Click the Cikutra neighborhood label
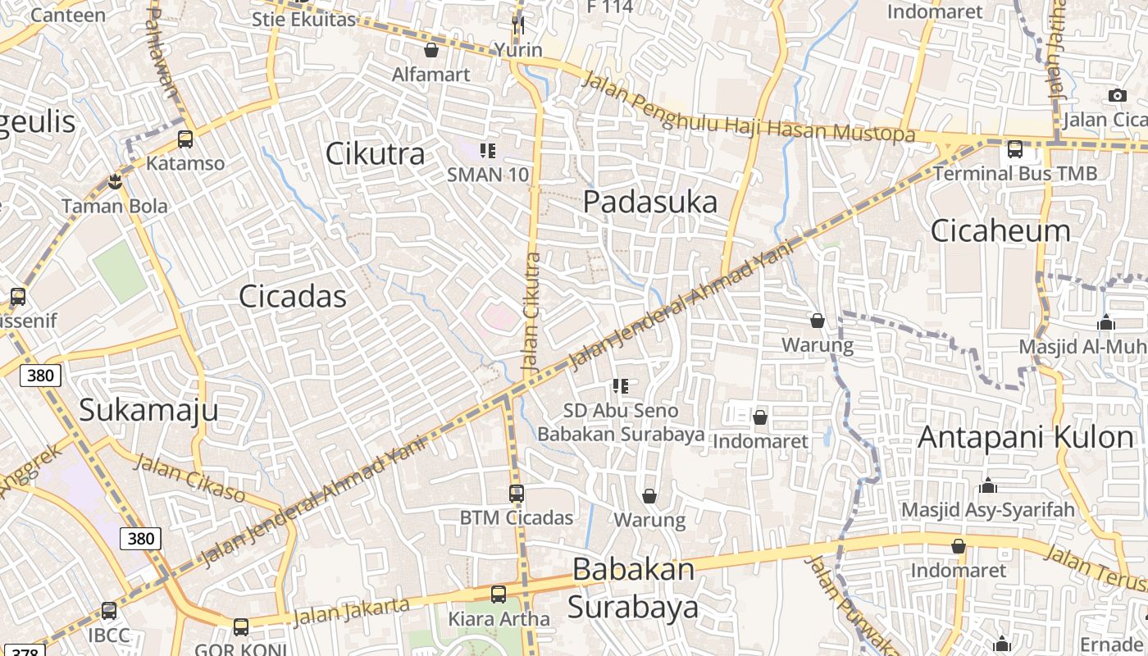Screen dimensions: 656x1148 point(376,153)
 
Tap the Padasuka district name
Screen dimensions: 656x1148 point(650,202)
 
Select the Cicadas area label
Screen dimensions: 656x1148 point(293,296)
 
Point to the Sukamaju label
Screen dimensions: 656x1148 point(148,409)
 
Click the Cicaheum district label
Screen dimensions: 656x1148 point(1000,230)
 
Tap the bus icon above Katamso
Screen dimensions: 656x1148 point(185,139)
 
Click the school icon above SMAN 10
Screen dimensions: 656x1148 point(488,151)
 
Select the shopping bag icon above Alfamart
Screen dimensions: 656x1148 point(431,51)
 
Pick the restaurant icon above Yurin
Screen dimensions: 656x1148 point(517,25)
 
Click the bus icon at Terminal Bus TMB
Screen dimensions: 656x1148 point(1015,149)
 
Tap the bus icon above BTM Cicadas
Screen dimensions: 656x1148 point(516,494)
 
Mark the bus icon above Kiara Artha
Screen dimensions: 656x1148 point(499,594)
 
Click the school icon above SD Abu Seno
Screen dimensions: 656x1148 point(621,386)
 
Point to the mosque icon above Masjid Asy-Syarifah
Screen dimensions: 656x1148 point(987,485)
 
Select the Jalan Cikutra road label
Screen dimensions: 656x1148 point(532,313)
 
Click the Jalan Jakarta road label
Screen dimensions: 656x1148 point(351,611)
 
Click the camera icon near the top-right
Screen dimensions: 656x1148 point(1117,96)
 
